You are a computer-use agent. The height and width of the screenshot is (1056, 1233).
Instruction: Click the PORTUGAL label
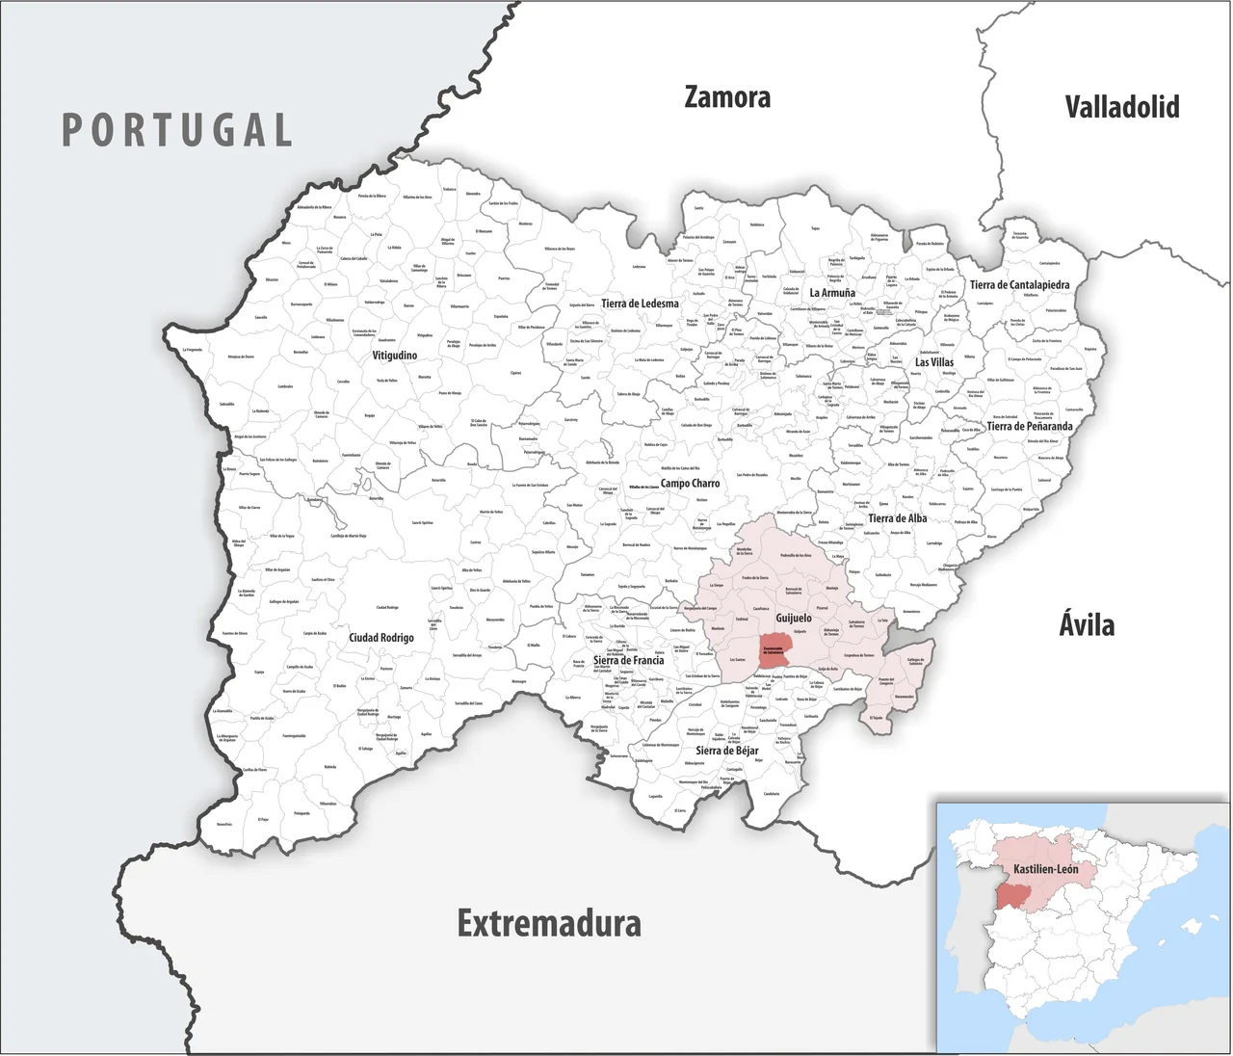177,130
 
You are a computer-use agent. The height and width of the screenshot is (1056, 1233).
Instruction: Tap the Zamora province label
727,97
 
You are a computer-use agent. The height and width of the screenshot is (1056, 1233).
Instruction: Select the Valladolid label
1121,106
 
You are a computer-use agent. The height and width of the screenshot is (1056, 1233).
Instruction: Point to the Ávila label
1087,624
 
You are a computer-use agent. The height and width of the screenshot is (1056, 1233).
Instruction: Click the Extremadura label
549,923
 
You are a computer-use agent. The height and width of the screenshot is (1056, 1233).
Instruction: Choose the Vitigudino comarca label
395,356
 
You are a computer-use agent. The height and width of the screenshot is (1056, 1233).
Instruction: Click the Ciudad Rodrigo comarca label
381,638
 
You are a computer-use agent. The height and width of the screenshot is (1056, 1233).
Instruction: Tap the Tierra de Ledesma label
640,304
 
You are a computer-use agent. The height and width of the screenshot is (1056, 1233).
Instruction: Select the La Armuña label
832,293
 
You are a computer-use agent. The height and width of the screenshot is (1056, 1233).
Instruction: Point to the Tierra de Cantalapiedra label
1019,285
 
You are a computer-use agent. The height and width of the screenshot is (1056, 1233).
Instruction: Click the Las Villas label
934,362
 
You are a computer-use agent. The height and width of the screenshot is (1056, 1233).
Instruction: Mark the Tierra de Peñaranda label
1029,426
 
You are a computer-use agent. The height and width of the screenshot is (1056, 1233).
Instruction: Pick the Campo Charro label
690,484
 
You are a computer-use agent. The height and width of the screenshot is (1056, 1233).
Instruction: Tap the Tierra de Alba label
897,518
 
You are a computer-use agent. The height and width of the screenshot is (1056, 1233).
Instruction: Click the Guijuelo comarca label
794,618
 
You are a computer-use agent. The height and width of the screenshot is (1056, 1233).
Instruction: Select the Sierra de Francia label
628,661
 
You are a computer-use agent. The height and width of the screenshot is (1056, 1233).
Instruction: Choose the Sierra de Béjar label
727,751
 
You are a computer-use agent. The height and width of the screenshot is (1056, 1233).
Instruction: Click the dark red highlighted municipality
774,651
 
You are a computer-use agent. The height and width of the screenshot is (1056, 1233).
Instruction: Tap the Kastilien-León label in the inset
1045,869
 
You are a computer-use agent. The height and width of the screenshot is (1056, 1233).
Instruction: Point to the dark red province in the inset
1011,896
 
